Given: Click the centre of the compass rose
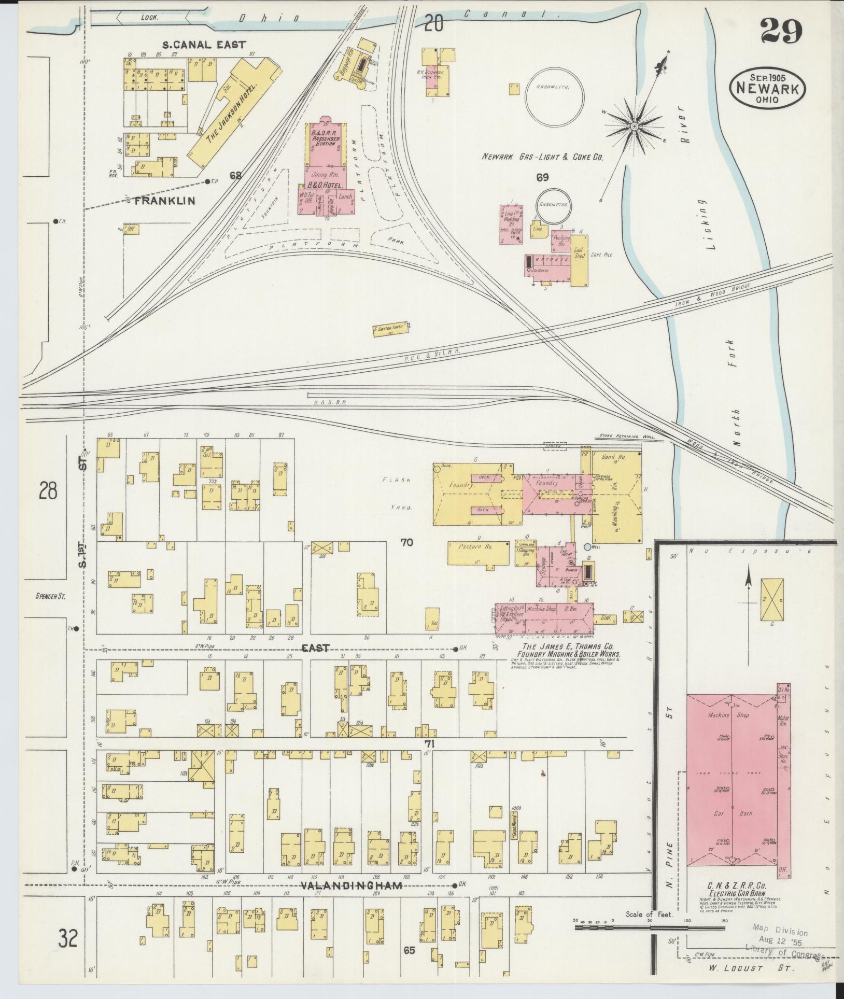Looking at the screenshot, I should tap(634, 126).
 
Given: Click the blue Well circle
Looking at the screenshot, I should tap(587, 546).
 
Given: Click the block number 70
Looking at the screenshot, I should tap(406, 543).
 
